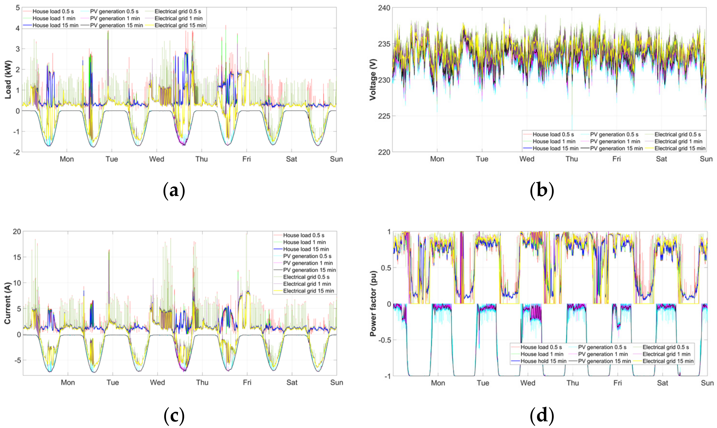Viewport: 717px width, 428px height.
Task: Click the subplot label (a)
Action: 174,191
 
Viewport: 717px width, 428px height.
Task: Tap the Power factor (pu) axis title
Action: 373,303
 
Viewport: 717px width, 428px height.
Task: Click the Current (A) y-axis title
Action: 7,303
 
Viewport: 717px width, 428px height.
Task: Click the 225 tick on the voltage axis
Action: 384,116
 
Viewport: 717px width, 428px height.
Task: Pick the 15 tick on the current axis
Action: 17,257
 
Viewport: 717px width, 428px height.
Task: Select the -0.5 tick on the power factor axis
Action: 383,340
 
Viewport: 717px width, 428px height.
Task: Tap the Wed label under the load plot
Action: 157,159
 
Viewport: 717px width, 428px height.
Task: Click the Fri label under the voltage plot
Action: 616,159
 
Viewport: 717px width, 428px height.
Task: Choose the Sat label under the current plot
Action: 292,382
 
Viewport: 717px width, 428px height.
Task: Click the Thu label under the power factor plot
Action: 572,383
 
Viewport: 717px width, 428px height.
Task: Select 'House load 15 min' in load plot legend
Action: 55,25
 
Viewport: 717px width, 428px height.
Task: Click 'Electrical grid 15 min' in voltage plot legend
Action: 680,148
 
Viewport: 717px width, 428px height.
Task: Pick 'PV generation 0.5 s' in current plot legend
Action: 307,256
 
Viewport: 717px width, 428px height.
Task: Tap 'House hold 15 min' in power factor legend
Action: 543,361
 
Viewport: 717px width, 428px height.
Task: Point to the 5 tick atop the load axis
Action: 18,8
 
